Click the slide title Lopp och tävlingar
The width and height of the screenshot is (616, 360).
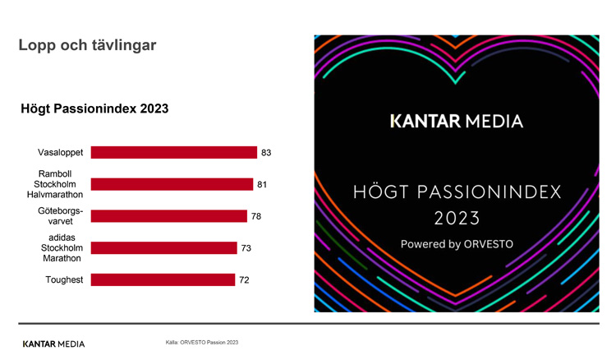(x=87, y=45)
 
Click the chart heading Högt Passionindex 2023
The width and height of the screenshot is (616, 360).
(x=94, y=108)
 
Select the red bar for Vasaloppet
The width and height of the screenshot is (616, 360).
(x=173, y=153)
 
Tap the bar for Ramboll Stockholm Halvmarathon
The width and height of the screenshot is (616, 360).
(x=172, y=185)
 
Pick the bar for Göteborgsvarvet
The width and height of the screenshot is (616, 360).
(x=168, y=216)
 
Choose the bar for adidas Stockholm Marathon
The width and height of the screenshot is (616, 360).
(x=163, y=248)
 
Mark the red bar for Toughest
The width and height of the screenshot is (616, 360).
(x=163, y=280)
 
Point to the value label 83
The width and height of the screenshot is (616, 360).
(x=266, y=153)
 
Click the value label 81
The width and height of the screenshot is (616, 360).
(x=262, y=185)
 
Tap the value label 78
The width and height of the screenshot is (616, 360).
(x=256, y=216)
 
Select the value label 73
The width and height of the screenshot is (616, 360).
(x=246, y=248)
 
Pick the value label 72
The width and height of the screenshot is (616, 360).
(x=244, y=280)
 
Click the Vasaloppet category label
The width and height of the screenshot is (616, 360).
(x=60, y=153)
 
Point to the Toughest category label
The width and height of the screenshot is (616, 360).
(x=64, y=280)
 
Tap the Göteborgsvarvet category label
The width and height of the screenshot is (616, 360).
(x=64, y=216)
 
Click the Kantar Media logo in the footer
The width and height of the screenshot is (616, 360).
(x=53, y=344)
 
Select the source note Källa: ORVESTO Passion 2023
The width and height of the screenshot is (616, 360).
(x=202, y=342)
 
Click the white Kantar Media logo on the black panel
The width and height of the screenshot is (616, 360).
(x=456, y=122)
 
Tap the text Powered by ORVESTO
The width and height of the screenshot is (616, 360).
(x=456, y=244)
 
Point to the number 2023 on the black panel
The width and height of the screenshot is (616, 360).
(x=457, y=219)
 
